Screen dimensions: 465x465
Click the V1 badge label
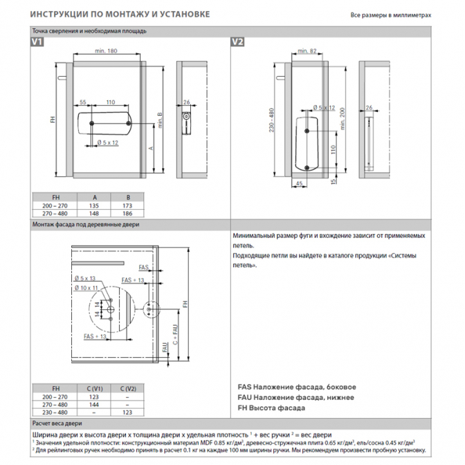pos(37,42)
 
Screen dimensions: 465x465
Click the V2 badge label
pos(237,42)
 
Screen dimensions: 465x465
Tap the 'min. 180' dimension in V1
pos(106,51)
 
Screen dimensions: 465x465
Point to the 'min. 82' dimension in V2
pos(306,51)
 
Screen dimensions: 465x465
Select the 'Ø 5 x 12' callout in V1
pos(108,142)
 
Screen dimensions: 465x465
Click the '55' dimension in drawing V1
pos(82,102)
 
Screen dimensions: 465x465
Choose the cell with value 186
pos(145,214)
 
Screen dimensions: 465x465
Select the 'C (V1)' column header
pos(95,387)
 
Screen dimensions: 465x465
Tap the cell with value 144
pos(95,405)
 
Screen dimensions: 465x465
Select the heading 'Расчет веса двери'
pos(57,422)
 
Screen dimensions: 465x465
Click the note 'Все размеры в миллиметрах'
pos(391,15)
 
